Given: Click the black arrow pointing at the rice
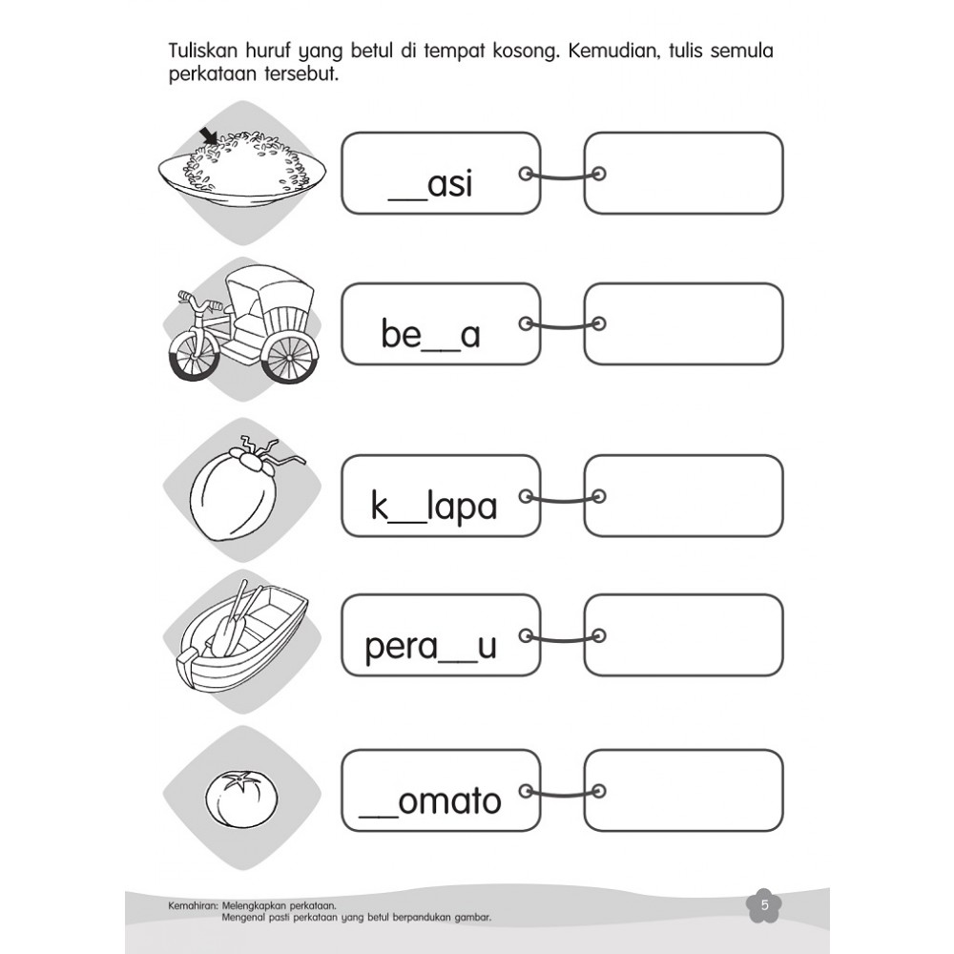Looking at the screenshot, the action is [x=210, y=136].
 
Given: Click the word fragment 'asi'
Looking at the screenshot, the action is [x=449, y=184].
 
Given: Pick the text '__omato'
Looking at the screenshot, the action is [x=430, y=800].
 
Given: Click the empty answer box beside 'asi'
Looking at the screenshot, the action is [x=683, y=174].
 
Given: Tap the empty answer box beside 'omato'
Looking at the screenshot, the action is [x=683, y=790].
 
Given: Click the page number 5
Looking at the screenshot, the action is [x=765, y=904].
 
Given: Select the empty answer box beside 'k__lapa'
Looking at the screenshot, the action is [x=683, y=496].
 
